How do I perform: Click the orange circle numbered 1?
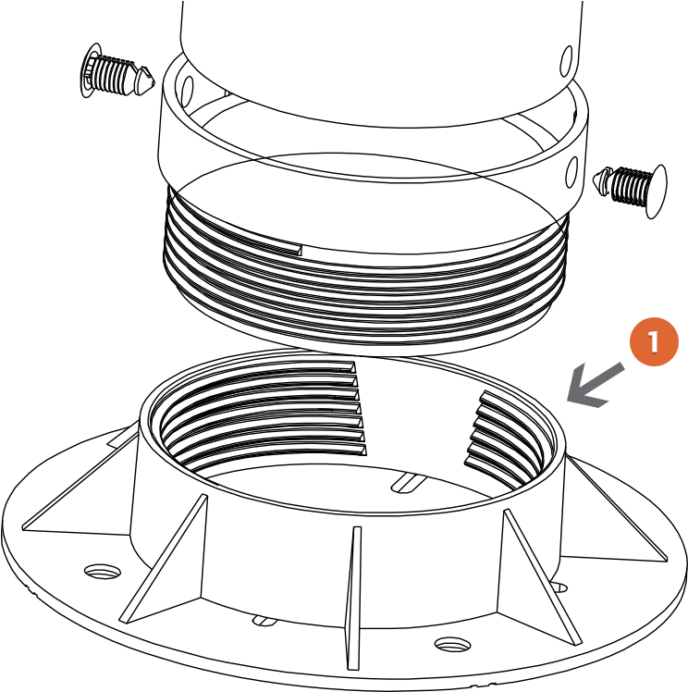[x=654, y=341]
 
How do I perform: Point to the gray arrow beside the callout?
[x=596, y=385]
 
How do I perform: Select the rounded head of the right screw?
[x=657, y=192]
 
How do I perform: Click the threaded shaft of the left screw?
[x=113, y=75]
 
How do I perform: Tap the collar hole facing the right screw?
[x=572, y=172]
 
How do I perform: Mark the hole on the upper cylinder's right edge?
[x=566, y=60]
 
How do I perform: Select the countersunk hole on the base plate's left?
[x=103, y=571]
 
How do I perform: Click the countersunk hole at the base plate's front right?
[x=452, y=644]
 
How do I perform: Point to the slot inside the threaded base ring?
[x=409, y=482]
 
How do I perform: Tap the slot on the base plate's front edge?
[x=264, y=621]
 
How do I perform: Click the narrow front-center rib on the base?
[x=353, y=598]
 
